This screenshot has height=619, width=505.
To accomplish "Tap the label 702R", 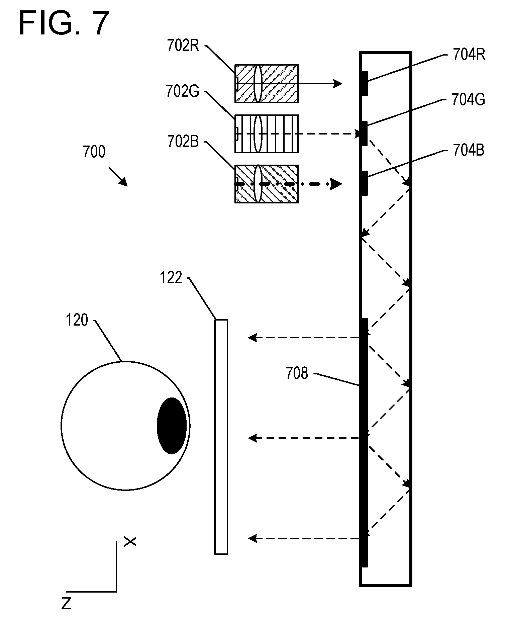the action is pyautogui.click(x=183, y=46).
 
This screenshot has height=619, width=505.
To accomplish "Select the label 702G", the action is pyautogui.click(x=183, y=91).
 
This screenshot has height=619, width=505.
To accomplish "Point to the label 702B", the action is pyautogui.click(x=183, y=142).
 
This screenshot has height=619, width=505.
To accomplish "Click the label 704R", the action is pyautogui.click(x=469, y=55).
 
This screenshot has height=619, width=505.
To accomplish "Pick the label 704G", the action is pyautogui.click(x=468, y=100).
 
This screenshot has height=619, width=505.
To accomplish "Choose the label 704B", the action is pyautogui.click(x=469, y=151).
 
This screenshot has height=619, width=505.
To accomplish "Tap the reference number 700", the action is pyautogui.click(x=94, y=152).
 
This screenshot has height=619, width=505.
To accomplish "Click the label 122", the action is pyautogui.click(x=171, y=278).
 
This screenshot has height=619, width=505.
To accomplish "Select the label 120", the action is pyautogui.click(x=77, y=320).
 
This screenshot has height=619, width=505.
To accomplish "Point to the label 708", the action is pyautogui.click(x=297, y=373).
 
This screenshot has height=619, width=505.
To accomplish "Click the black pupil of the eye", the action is pyautogui.click(x=172, y=426).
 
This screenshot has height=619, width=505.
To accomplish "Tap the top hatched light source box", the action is pyautogui.click(x=267, y=83).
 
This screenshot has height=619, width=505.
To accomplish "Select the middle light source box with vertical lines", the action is pyautogui.click(x=267, y=134).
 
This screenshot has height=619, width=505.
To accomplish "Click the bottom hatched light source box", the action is pyautogui.click(x=267, y=184).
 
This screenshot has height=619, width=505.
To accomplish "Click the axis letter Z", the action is pyautogui.click(x=67, y=604).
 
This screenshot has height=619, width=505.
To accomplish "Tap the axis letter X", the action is pyautogui.click(x=130, y=542).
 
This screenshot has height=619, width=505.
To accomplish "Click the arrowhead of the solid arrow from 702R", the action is pyautogui.click(x=338, y=83).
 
